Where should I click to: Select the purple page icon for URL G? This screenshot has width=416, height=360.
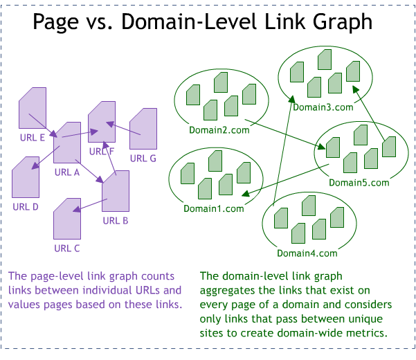143,129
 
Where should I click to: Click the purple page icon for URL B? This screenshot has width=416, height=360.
116,191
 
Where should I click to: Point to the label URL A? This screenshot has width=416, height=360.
67,172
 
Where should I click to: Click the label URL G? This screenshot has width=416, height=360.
143,158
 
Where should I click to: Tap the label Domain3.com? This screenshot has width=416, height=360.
323,107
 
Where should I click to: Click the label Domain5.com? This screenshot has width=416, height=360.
359,183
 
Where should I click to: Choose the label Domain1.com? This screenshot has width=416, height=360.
214,208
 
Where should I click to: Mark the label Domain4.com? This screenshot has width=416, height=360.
307,253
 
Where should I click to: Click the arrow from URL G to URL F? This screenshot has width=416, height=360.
124,129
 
